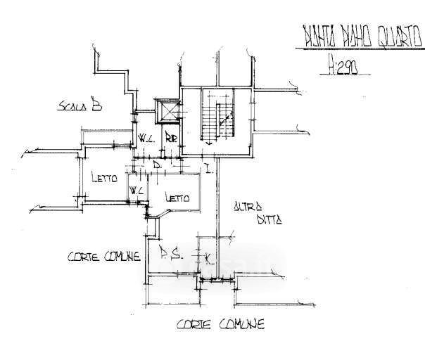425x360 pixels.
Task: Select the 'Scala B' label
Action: click(x=80, y=107)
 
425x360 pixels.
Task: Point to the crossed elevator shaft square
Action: click(x=168, y=112)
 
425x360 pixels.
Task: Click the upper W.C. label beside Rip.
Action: click(x=146, y=138)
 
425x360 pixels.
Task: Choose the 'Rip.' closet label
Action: click(x=171, y=138)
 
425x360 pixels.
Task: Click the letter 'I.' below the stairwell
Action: click(x=208, y=167)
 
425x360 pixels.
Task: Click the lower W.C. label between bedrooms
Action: click(x=137, y=191)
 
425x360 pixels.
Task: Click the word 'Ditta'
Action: click(x=269, y=219)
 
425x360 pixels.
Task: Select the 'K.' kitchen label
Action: click(x=208, y=259)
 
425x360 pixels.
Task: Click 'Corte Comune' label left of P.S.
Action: click(x=103, y=257)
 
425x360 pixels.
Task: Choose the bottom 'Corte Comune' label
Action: click(x=220, y=325)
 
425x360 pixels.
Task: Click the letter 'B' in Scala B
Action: click(x=97, y=106)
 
